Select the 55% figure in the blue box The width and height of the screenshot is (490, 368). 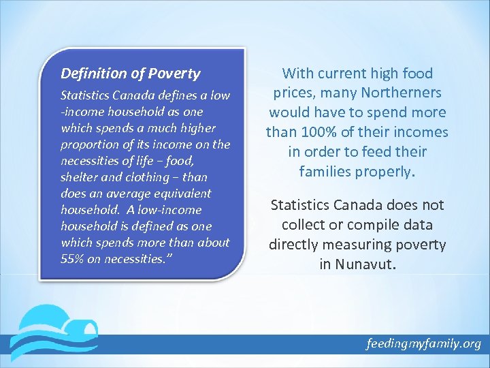click(71, 259)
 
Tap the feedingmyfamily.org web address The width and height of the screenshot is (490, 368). click(423, 343)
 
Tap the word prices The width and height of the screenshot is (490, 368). click(296, 93)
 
